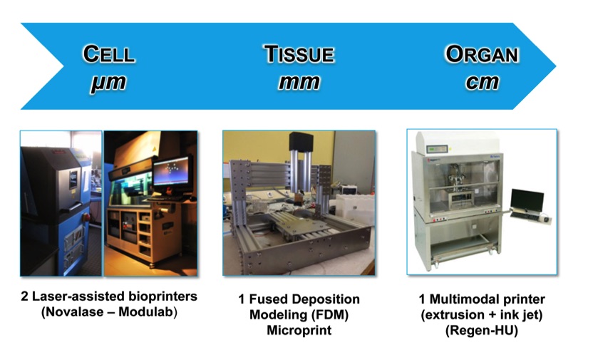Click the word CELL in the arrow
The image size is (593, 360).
109,54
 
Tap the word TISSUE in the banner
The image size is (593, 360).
299,54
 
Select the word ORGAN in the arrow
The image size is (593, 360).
482,54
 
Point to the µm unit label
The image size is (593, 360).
108,83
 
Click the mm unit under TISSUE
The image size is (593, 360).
299,82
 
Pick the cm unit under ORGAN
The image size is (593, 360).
483,82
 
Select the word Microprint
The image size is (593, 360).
299,330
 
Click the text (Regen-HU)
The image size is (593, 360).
481,331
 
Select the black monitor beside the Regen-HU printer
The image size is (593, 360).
527,200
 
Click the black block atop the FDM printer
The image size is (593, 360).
301,141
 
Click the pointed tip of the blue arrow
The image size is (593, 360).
555,66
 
